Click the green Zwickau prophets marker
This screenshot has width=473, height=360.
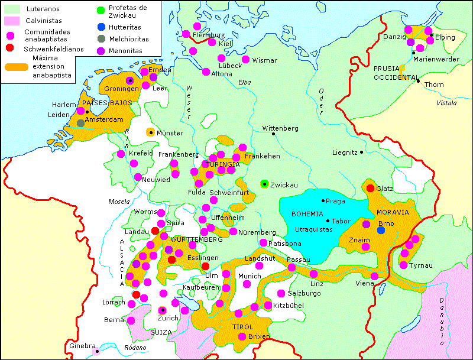[x=264, y=184]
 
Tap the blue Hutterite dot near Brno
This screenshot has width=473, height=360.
[x=381, y=230]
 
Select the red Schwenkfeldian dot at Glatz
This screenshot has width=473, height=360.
[x=370, y=188]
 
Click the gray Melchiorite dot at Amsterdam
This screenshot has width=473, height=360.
[x=80, y=123]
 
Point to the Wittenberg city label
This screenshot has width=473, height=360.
[x=281, y=128]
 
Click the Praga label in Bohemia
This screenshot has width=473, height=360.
[x=335, y=201]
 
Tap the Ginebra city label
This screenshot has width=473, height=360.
[x=82, y=346]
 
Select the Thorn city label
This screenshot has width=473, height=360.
[x=434, y=85]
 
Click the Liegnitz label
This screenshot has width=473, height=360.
[x=345, y=152]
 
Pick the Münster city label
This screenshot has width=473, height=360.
[x=170, y=133]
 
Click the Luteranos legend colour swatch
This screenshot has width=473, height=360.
[x=11, y=9]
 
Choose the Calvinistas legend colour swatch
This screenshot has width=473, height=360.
[x=11, y=21]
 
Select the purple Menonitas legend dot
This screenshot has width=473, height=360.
[x=101, y=51]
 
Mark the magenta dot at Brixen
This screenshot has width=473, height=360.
[x=242, y=336]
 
